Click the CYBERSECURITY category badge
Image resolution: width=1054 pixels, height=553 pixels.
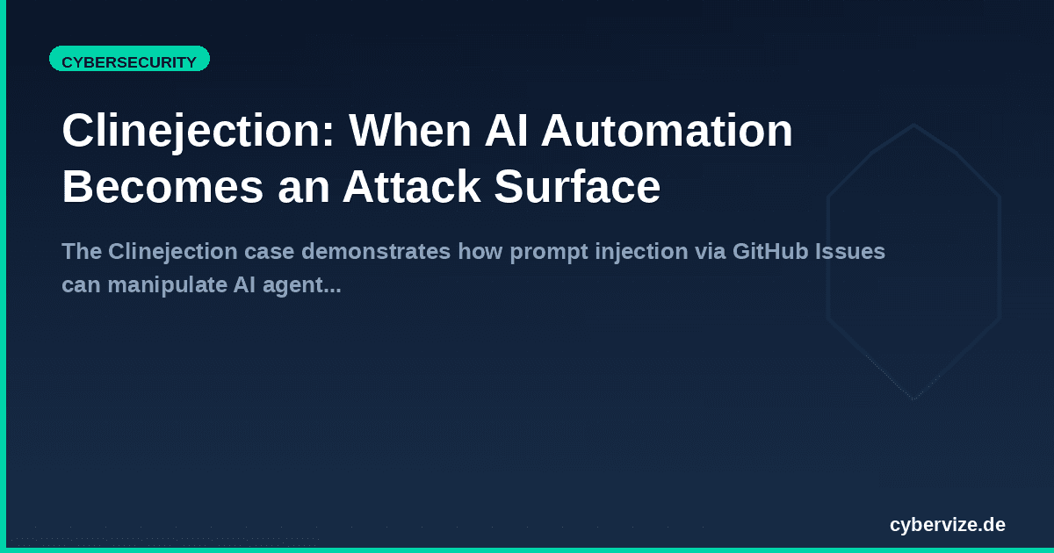pyautogui.click(x=129, y=61)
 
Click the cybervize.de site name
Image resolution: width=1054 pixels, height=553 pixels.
pyautogui.click(x=948, y=525)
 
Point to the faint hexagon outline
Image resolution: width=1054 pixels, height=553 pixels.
pyautogui.click(x=913, y=126)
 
